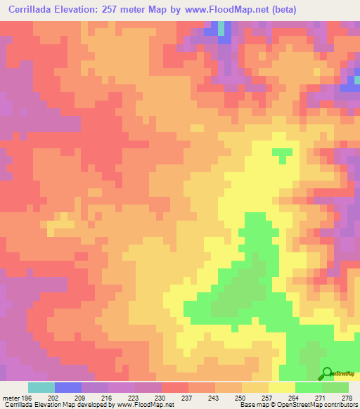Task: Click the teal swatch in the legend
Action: coord(41,387)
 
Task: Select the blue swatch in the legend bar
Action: coord(68,387)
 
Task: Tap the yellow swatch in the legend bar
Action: coord(281,387)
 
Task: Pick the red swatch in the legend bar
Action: coord(174,387)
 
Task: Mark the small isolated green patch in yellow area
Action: coord(283,153)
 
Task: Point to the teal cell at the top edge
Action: coord(222,27)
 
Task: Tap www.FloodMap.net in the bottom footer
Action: coord(143,405)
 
